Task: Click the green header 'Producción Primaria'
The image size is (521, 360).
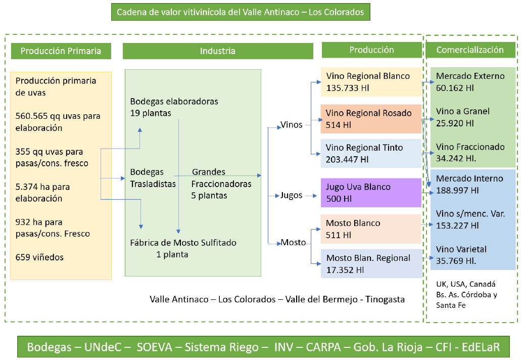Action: coord(61,51)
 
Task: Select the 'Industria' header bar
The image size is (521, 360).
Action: coord(218,51)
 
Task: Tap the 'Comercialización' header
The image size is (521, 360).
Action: coord(470,50)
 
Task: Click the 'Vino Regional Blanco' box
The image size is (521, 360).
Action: coord(371,82)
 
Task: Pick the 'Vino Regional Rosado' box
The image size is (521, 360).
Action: coord(371,119)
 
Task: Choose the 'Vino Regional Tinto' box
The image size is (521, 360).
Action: coord(371,153)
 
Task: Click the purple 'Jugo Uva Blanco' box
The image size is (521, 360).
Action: coord(371,193)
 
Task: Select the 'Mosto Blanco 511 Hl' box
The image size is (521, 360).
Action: coord(371,229)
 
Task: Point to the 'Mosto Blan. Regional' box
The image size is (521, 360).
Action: coord(371,263)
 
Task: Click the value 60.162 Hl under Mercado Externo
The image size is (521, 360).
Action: coord(455,88)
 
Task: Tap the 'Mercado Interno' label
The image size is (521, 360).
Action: coord(469,178)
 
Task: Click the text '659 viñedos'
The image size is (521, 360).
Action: coord(40,257)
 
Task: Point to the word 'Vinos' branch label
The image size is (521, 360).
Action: coord(292,125)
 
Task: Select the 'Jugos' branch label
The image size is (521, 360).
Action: coord(292,195)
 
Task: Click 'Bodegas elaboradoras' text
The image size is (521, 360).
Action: coord(174,101)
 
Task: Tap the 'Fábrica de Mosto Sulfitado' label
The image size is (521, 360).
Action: coord(183,243)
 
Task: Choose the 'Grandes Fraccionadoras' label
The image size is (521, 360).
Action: coord(221,184)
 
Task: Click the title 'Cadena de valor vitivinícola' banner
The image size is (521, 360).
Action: coord(241,12)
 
